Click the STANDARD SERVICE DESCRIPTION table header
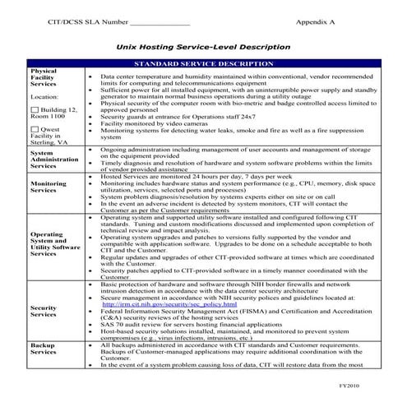point(203,63)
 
